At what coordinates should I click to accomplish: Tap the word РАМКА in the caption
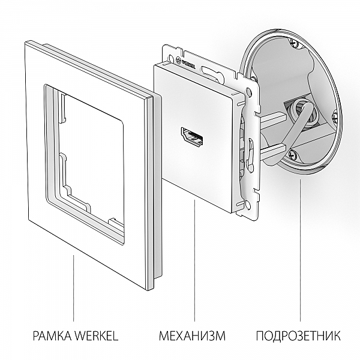pyautogui.click(x=50, y=335)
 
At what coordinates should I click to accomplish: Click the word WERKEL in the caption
pyautogui.click(x=95, y=335)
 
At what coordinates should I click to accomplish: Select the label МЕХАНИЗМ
pyautogui.click(x=192, y=335)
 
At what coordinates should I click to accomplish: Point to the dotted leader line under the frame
pyautogui.click(x=73, y=288)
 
